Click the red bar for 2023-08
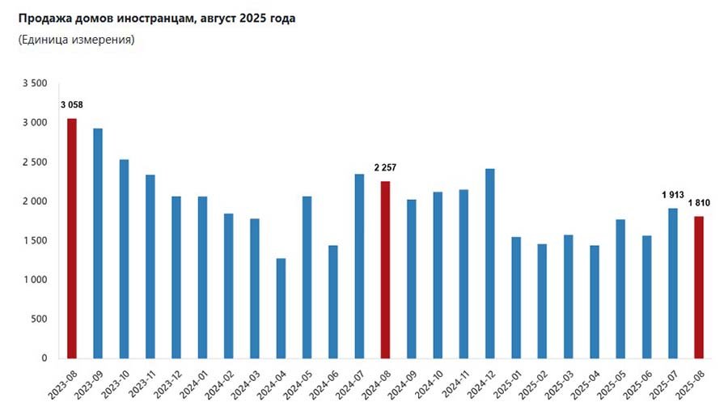[71, 239]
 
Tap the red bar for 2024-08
[385, 269]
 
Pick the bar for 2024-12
[490, 263]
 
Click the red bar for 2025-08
[699, 287]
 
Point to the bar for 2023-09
[98, 243]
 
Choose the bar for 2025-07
[673, 283]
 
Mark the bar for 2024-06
[333, 302]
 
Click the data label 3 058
[71, 105]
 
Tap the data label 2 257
[385, 167]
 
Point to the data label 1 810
[699, 203]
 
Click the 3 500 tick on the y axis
[35, 83]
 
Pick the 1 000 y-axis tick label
[35, 280]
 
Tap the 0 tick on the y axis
[44, 358]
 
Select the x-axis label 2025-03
[558, 384]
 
